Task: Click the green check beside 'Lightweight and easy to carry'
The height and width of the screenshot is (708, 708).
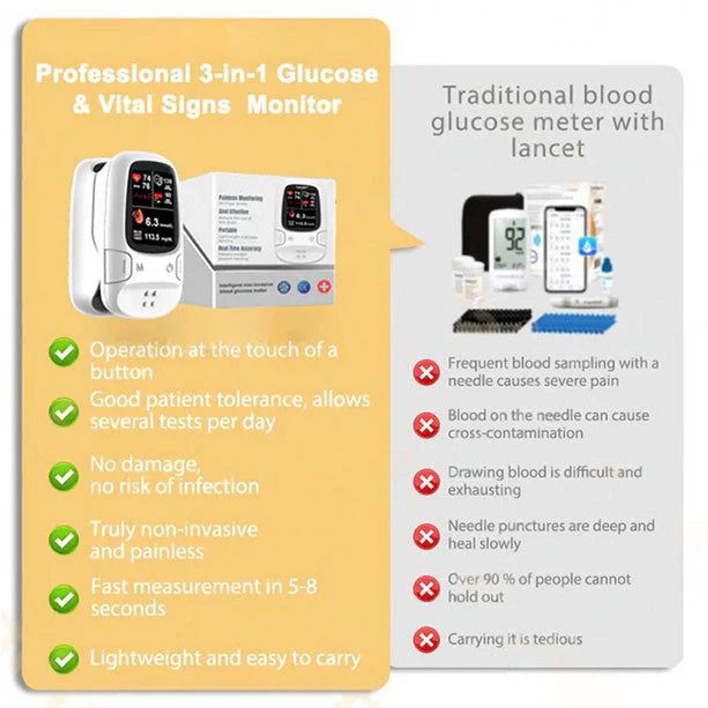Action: pyautogui.click(x=63, y=659)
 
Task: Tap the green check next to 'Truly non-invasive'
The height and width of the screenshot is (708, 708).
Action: pyautogui.click(x=63, y=540)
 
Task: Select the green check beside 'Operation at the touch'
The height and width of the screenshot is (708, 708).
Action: pyautogui.click(x=63, y=353)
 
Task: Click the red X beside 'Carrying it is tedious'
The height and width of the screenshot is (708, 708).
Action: pyautogui.click(x=426, y=640)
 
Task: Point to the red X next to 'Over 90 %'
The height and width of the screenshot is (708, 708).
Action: pyautogui.click(x=426, y=589)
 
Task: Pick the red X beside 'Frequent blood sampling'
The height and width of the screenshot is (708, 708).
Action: pyautogui.click(x=426, y=373)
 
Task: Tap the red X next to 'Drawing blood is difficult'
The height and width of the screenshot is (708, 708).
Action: pyautogui.click(x=426, y=482)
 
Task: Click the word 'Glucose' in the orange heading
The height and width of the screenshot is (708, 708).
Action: pyautogui.click(x=327, y=74)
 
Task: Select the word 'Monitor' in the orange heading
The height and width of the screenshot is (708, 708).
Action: pyautogui.click(x=294, y=105)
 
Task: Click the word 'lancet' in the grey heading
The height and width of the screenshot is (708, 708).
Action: pyautogui.click(x=548, y=148)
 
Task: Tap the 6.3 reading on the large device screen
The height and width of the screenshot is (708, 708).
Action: pyautogui.click(x=152, y=222)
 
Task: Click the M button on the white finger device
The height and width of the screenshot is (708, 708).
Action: pyautogui.click(x=139, y=267)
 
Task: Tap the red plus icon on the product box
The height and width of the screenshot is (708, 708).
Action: pyautogui.click(x=324, y=287)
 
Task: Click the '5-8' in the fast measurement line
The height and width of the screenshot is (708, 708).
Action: pyautogui.click(x=302, y=586)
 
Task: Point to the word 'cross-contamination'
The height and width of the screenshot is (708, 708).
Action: pyautogui.click(x=515, y=433)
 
